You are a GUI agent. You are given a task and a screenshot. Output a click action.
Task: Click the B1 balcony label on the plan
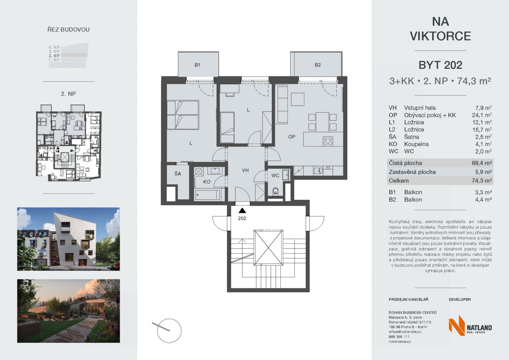tap(197, 65)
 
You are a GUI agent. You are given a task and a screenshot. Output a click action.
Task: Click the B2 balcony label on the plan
tap(318, 65)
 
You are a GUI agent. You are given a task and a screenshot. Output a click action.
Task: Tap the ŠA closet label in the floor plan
tap(178, 174)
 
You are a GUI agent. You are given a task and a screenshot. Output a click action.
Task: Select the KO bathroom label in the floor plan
tap(207, 182)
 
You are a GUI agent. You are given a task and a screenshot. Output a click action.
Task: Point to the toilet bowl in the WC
tap(276, 191)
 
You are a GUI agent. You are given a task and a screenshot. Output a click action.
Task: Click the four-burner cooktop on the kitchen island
tap(328, 141)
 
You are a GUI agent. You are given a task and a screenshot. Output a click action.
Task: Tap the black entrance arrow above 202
tap(242, 210)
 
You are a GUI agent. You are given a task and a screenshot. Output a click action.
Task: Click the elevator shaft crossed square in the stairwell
tap(268, 248)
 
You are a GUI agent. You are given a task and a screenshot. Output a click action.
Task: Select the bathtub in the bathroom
tap(207, 195)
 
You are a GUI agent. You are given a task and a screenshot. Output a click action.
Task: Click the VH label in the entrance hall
tap(245, 170)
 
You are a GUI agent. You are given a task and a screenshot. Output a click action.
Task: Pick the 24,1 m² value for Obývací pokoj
tap(482, 115)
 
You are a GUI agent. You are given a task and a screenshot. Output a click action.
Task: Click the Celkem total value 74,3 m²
tap(482, 181)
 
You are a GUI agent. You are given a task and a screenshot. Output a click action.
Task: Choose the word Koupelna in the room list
tap(416, 144)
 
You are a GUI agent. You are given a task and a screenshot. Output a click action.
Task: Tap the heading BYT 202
tap(440, 65)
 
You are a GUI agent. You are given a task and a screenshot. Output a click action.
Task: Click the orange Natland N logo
tap(457, 326)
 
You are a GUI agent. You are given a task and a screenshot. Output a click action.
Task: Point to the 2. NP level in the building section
tap(54, 56)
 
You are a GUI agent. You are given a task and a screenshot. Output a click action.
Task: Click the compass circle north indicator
tap(169, 331)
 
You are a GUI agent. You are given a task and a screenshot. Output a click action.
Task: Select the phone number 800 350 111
tap(399, 336)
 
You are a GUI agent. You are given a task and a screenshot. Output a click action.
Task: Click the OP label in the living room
tap(292, 137)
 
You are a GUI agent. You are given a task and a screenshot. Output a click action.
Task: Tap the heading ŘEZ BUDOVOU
tap(68, 30)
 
